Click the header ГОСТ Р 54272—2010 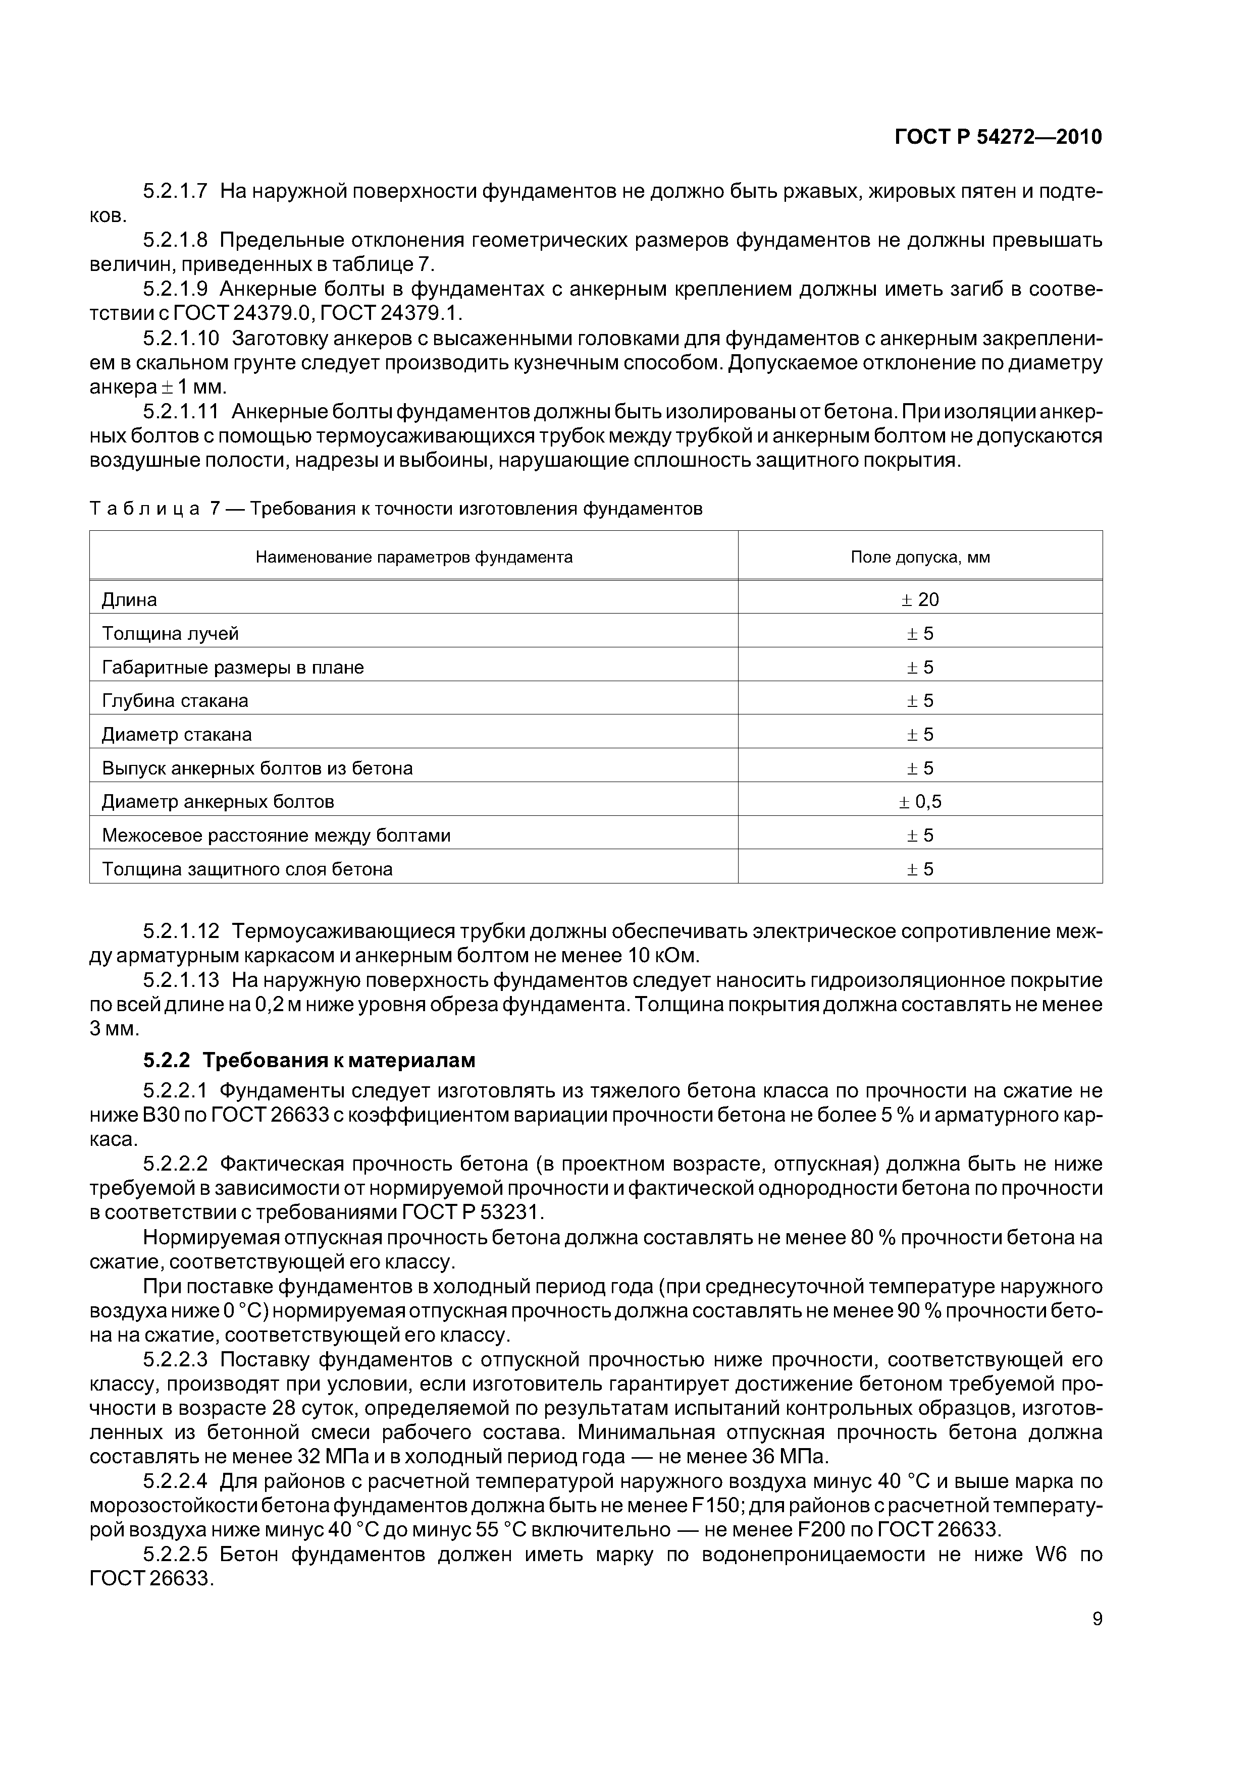tap(998, 137)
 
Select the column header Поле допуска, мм tap(919, 557)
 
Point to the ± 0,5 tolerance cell tap(919, 802)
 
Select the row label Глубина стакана tap(175, 701)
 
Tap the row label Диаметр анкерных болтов tap(218, 802)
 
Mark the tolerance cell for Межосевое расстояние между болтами tap(919, 836)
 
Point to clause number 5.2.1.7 tap(175, 190)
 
